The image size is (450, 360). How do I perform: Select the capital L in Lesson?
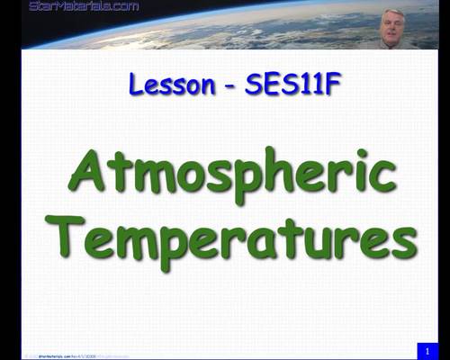[x=136, y=85]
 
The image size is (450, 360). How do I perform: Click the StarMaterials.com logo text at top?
[x=84, y=6]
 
